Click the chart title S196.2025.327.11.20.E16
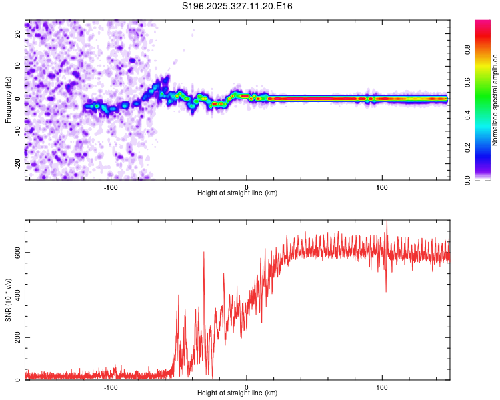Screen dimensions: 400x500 [238, 6]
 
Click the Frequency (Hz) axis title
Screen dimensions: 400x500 [8, 100]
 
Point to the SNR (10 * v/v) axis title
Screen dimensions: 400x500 [8, 299]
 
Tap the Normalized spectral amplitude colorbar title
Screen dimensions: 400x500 [495, 100]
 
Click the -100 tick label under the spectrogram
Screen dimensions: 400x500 [111, 187]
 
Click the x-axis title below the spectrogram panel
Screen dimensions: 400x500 [237, 193]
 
